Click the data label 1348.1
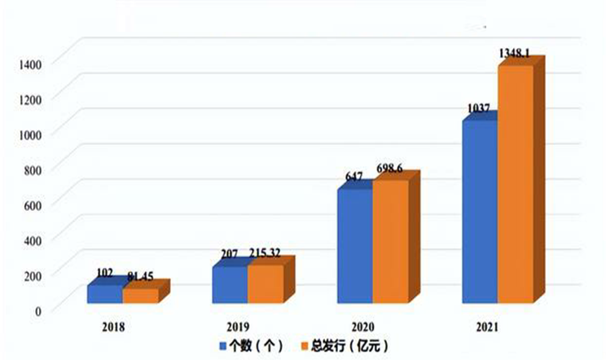[515, 53]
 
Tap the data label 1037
[478, 108]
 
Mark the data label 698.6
[389, 169]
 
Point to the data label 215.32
[265, 253]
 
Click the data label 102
[105, 274]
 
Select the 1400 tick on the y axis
[30, 64]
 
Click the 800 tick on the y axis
[33, 170]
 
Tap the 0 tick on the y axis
[38, 311]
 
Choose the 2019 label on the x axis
[238, 327]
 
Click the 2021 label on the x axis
[487, 327]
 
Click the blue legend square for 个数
[223, 345]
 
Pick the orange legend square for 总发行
[305, 345]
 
